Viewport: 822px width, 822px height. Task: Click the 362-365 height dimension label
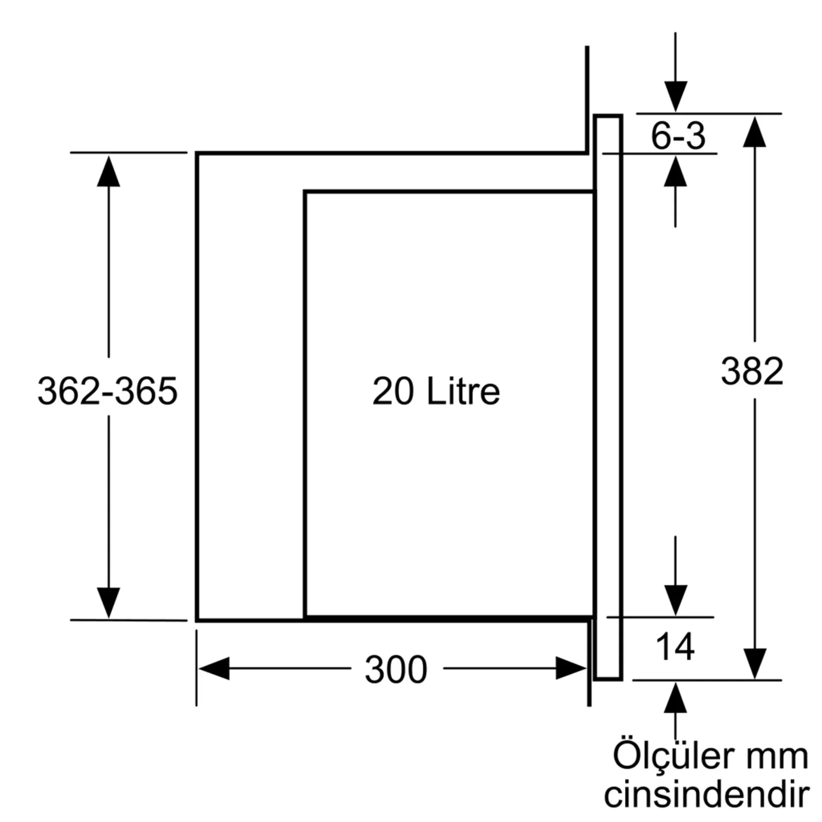pyautogui.click(x=108, y=391)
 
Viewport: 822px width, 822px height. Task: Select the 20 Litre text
pyautogui.click(x=436, y=391)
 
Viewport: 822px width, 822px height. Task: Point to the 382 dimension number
pyautogui.click(x=752, y=371)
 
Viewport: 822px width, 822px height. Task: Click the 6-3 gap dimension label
pyautogui.click(x=678, y=136)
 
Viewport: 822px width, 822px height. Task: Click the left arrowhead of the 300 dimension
pyautogui.click(x=214, y=668)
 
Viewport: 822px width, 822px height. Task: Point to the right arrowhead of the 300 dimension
pyautogui.click(x=571, y=668)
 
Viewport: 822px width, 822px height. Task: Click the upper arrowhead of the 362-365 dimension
pyautogui.click(x=109, y=171)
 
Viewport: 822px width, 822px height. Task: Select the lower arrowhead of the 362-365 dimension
pyautogui.click(x=109, y=603)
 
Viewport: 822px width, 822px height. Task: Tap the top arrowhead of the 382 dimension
pyautogui.click(x=755, y=132)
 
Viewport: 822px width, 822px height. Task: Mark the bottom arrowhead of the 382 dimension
pyautogui.click(x=755, y=664)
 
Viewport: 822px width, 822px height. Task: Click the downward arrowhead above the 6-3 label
pyautogui.click(x=675, y=97)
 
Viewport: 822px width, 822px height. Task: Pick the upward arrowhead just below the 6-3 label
pyautogui.click(x=675, y=171)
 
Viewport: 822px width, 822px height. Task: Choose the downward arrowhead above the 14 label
pyautogui.click(x=675, y=600)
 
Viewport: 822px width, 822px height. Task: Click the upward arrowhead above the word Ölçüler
pyautogui.click(x=675, y=698)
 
